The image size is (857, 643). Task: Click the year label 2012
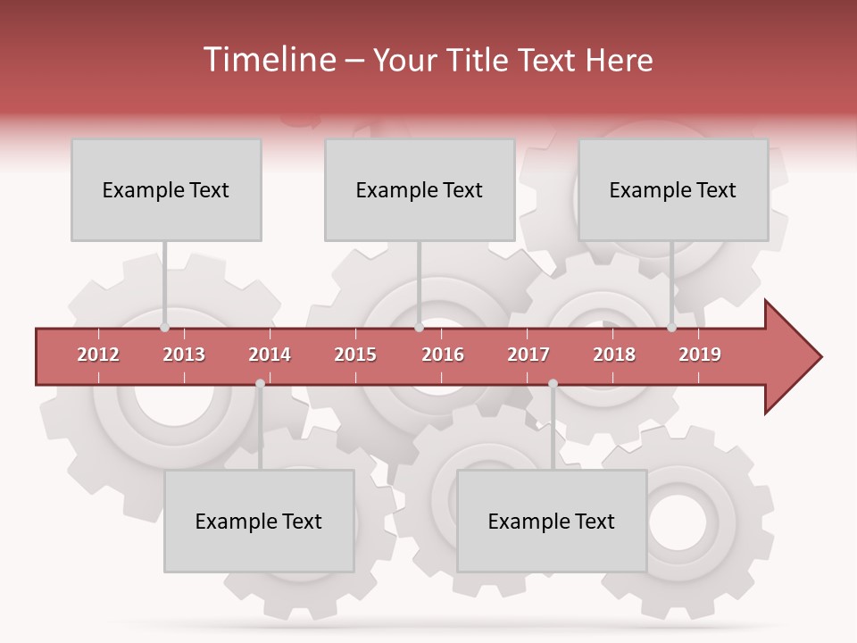tap(98, 355)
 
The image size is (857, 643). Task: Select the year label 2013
tap(184, 355)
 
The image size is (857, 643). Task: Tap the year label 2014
tap(270, 355)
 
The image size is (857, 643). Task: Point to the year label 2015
tap(355, 355)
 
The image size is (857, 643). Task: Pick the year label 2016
tap(443, 355)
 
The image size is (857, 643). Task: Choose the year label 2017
tap(528, 355)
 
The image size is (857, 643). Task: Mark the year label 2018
tap(614, 355)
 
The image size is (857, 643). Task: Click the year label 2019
tap(700, 355)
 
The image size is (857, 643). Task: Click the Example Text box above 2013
tap(166, 189)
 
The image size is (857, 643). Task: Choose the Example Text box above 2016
tap(420, 189)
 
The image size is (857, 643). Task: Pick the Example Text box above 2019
tap(673, 189)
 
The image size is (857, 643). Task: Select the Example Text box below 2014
tap(259, 521)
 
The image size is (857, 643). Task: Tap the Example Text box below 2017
tap(552, 521)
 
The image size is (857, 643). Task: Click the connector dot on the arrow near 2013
tap(164, 328)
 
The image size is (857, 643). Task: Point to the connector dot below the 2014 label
tap(260, 383)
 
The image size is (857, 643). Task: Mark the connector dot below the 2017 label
tap(553, 383)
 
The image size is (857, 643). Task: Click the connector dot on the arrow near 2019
tap(672, 328)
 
